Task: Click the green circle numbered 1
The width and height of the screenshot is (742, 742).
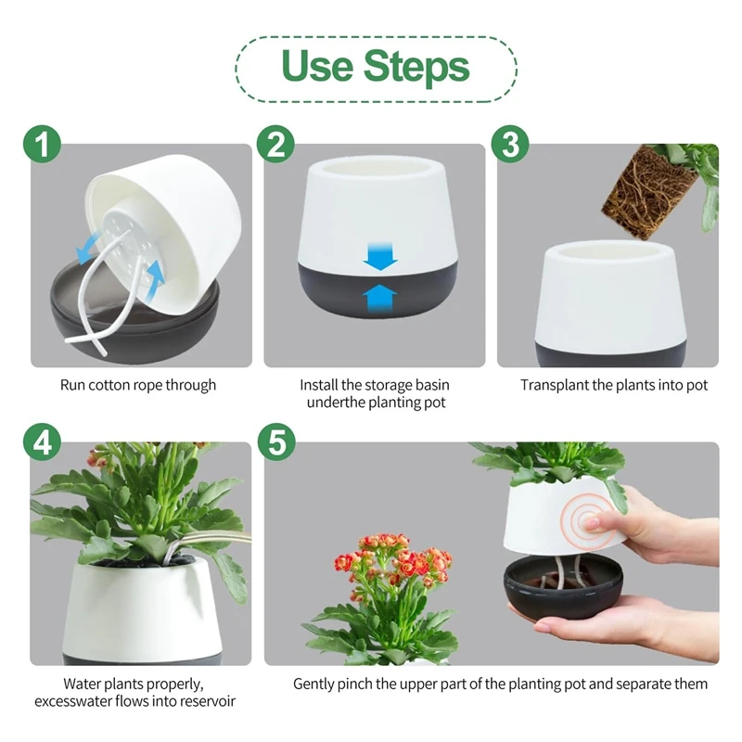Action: (x=42, y=144)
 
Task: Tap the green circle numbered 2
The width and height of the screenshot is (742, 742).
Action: (x=275, y=144)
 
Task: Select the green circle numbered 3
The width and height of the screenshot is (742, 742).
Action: (x=509, y=144)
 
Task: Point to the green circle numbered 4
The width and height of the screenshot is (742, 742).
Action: (x=42, y=442)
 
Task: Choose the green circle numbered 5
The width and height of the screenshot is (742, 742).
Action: (x=276, y=442)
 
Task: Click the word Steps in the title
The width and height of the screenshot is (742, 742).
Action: (x=416, y=66)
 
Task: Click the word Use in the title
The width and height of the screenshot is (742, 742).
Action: (x=317, y=65)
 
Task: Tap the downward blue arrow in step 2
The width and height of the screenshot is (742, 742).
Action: (x=380, y=256)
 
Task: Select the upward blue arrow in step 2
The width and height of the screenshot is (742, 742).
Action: (x=380, y=297)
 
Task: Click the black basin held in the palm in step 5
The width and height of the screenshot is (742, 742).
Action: (x=563, y=589)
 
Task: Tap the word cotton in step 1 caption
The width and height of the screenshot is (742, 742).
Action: (x=109, y=385)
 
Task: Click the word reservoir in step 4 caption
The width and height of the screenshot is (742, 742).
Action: (x=208, y=701)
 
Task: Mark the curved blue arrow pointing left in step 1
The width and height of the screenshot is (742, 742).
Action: (x=91, y=247)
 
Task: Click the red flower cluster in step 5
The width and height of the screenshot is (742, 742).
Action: (x=392, y=562)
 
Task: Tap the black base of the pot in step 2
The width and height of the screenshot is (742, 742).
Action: (x=377, y=288)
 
